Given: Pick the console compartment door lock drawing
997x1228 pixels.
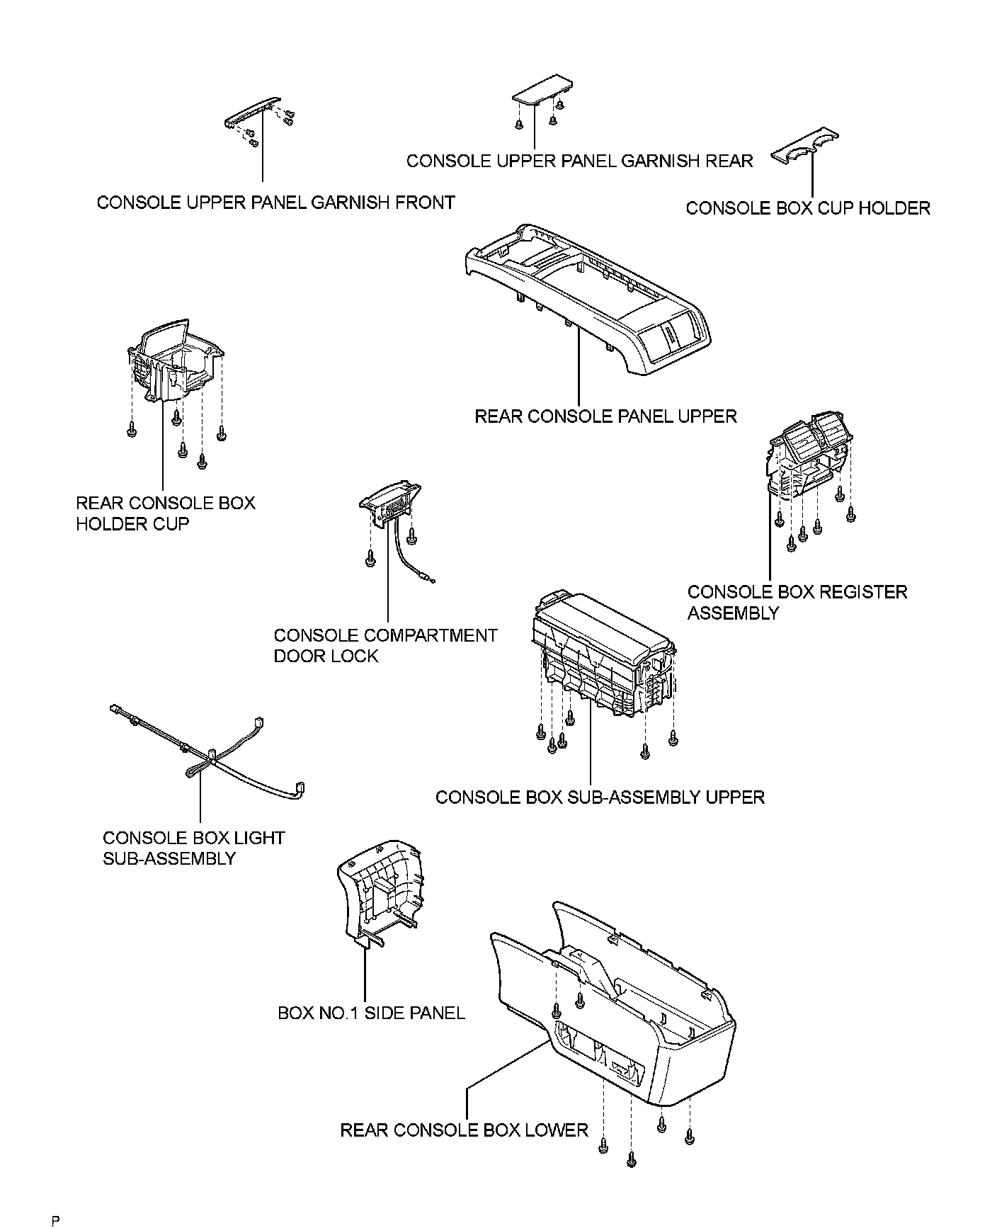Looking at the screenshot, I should coord(390,503).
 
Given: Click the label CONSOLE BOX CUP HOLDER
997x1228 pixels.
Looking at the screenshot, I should coord(807,208).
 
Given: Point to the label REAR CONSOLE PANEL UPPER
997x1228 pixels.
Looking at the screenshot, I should coord(605,416).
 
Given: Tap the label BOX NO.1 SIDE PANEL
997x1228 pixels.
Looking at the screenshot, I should coord(371,1013).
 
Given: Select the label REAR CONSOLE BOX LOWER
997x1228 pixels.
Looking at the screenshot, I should coord(464,1130).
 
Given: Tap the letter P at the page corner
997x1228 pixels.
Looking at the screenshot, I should coord(55,1219).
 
